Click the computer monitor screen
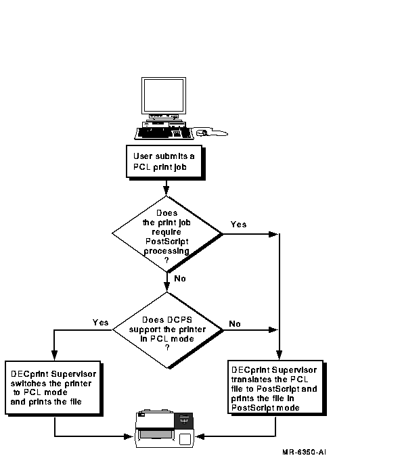164,95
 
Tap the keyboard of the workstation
164,133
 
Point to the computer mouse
202,133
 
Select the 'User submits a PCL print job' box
166,162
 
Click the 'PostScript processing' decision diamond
167,234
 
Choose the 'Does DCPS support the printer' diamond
168,330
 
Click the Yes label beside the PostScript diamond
238,225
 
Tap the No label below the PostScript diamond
180,279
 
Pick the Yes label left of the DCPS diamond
100,323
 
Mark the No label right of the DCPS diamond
235,323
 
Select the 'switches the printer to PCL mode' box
54,388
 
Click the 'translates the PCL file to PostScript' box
277,388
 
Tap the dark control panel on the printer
183,420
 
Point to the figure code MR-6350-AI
304,452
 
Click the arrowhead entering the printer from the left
129,436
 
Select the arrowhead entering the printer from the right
200,436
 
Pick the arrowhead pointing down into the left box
54,354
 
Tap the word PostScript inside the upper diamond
167,241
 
